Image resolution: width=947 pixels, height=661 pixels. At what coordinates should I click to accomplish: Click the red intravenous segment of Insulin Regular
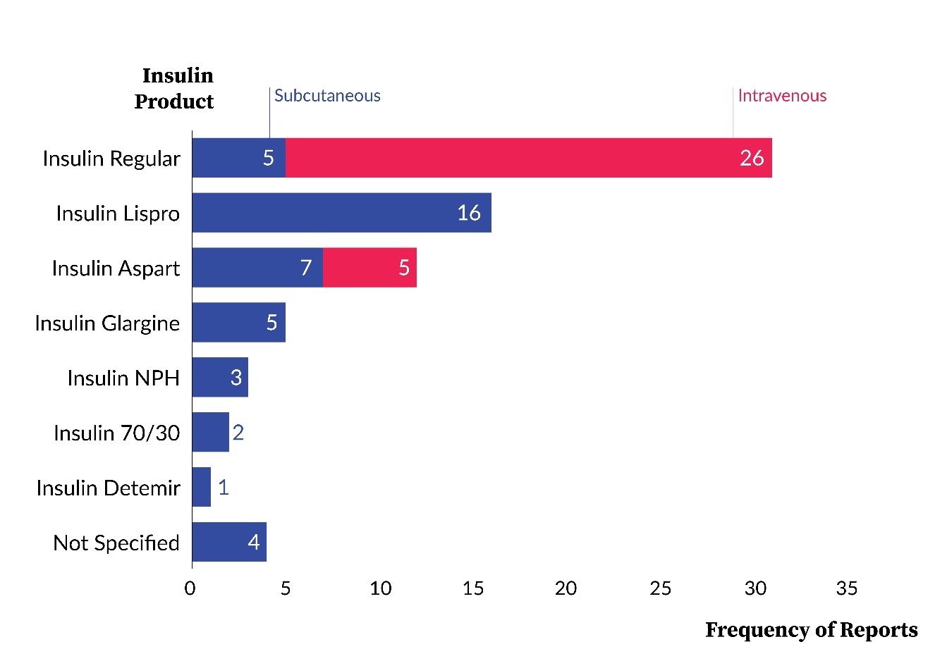click(529, 158)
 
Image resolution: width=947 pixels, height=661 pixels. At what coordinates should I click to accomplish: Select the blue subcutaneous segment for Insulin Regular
click(238, 158)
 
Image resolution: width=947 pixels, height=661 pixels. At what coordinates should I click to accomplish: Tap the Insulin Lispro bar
click(341, 213)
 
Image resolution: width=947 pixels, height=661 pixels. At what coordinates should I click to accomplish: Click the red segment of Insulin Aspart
click(369, 268)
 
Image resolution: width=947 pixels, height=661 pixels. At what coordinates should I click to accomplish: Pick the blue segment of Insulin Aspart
click(257, 268)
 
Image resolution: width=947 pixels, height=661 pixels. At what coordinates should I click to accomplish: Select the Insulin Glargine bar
click(238, 323)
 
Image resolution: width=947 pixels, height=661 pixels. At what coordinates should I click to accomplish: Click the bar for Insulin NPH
click(219, 378)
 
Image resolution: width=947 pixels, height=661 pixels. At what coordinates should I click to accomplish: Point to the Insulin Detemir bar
click(202, 488)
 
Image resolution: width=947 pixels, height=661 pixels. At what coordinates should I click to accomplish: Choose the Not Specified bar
click(228, 543)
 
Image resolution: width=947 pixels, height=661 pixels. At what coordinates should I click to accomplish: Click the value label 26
click(752, 158)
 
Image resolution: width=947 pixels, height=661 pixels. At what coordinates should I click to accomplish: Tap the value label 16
click(469, 213)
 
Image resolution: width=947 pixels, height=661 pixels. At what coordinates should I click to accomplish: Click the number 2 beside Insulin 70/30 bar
click(238, 432)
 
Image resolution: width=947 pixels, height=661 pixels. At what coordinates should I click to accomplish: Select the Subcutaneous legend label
click(327, 96)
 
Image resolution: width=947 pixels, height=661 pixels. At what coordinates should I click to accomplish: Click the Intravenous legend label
click(782, 96)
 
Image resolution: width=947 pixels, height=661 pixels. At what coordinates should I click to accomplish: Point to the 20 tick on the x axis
click(566, 588)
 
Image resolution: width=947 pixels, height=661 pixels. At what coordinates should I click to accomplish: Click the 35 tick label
click(846, 588)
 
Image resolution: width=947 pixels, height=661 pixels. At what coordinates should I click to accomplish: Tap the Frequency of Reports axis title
click(811, 630)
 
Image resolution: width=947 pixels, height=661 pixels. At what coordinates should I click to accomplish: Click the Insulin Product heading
click(175, 89)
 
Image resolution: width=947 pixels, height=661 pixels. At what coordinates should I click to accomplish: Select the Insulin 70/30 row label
click(117, 433)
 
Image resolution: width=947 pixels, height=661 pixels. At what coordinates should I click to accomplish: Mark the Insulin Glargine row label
click(107, 323)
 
